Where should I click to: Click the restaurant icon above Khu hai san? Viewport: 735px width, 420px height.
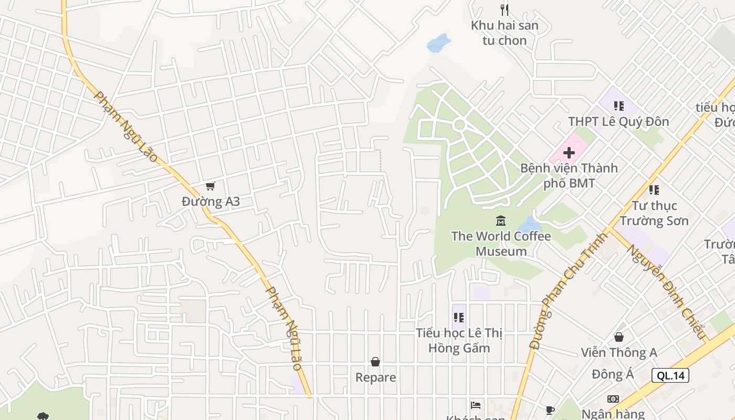pyautogui.click(x=505, y=9)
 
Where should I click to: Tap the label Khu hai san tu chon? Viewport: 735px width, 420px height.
pyautogui.click(x=505, y=33)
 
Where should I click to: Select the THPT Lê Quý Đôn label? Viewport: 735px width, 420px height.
pyautogui.click(x=618, y=122)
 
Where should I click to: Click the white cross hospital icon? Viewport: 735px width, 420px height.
pyautogui.click(x=569, y=153)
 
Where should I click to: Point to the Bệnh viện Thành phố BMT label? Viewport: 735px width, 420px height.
pyautogui.click(x=569, y=176)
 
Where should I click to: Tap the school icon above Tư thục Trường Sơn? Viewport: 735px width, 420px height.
pyautogui.click(x=654, y=190)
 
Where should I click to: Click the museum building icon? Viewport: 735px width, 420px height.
pyautogui.click(x=501, y=221)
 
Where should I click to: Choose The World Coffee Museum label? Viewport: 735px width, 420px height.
pyautogui.click(x=501, y=244)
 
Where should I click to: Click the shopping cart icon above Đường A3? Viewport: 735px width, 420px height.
pyautogui.click(x=211, y=186)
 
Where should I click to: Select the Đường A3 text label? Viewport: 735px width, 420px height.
pyautogui.click(x=211, y=202)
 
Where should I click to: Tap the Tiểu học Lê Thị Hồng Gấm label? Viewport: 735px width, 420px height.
pyautogui.click(x=459, y=341)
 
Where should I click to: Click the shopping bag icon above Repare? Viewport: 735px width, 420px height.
pyautogui.click(x=375, y=362)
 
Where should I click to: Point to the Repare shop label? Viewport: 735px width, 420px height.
pyautogui.click(x=375, y=377)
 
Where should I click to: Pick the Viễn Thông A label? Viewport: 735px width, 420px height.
pyautogui.click(x=619, y=353)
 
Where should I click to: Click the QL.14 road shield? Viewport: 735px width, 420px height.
pyautogui.click(x=670, y=375)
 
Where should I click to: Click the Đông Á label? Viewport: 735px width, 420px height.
pyautogui.click(x=613, y=374)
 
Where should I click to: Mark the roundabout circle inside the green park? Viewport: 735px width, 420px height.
pyautogui.click(x=459, y=124)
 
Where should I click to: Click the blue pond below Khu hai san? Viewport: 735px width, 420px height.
pyautogui.click(x=438, y=44)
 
